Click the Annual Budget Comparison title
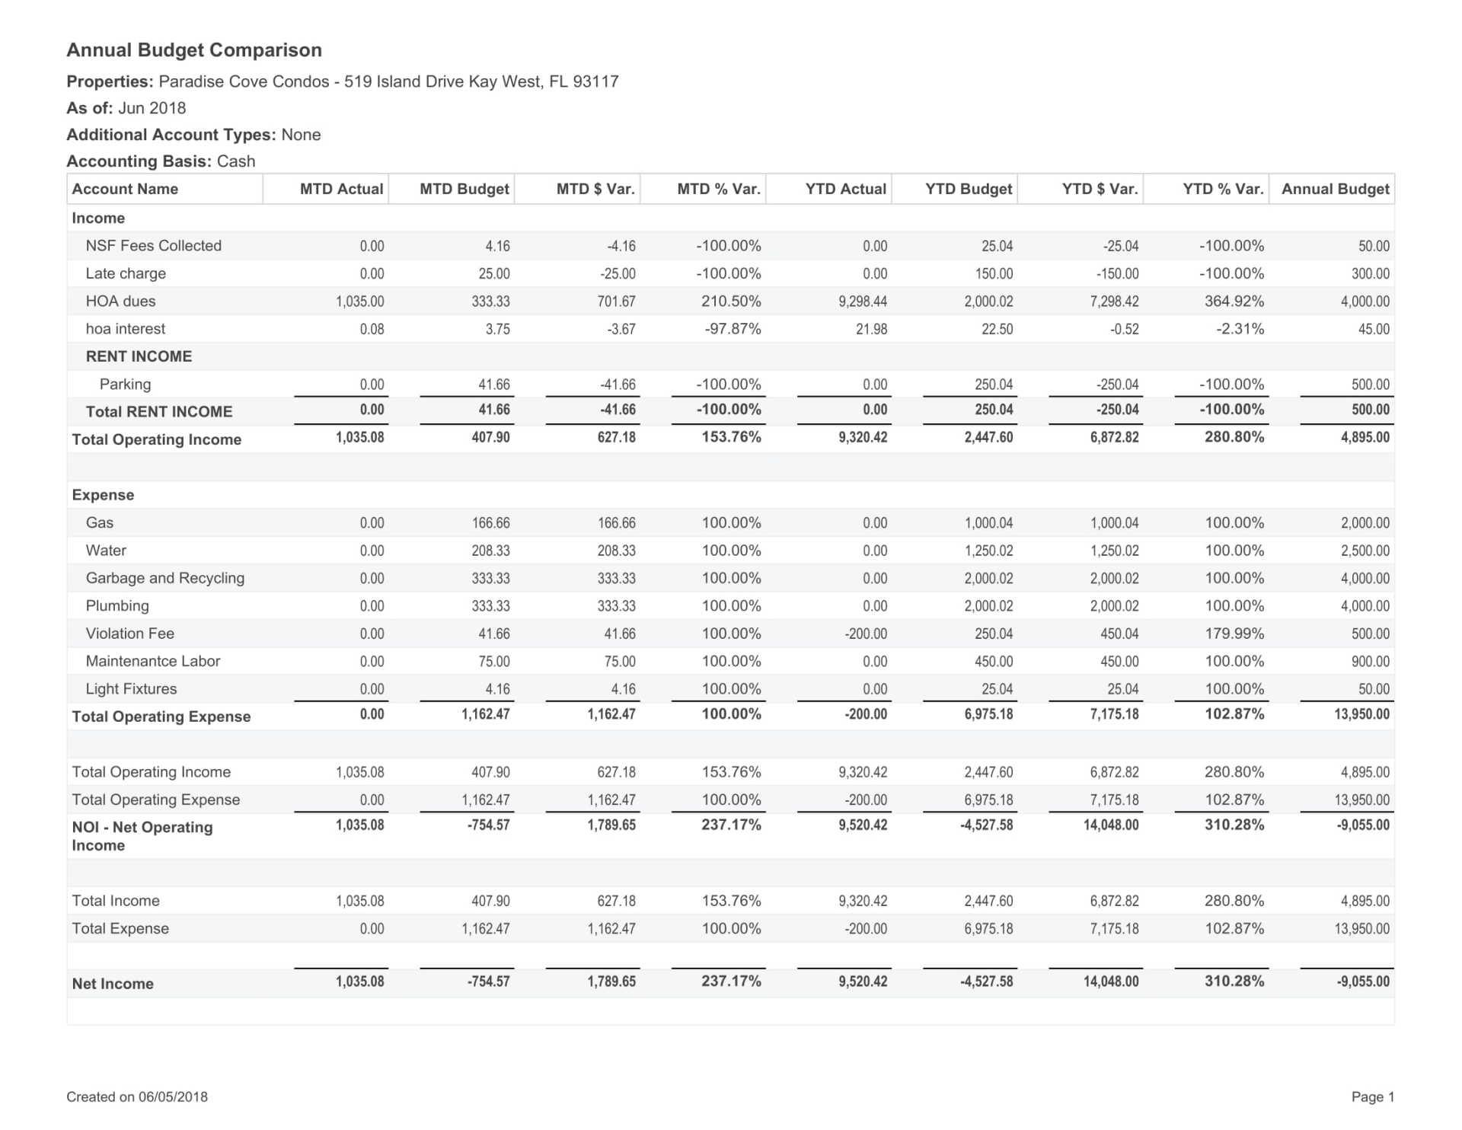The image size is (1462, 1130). click(x=194, y=50)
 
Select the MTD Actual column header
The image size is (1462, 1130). click(x=341, y=189)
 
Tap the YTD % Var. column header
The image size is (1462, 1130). click(x=1223, y=189)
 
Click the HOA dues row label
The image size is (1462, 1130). click(x=120, y=301)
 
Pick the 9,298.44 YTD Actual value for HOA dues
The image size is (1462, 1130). click(x=863, y=302)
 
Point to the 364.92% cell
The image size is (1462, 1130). click(x=1234, y=302)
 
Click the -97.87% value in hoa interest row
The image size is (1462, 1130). click(x=729, y=329)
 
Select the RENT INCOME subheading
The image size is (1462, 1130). click(x=139, y=356)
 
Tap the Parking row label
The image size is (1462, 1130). click(x=125, y=384)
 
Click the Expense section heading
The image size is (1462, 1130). click(x=103, y=495)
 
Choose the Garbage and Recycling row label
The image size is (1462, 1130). click(x=165, y=578)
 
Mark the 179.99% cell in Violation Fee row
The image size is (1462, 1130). click(x=1234, y=634)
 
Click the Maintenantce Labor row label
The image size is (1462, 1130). click(x=153, y=661)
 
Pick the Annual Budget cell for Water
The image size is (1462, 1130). click(x=1365, y=551)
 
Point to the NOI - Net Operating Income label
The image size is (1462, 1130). click(x=142, y=835)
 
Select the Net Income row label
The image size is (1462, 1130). click(x=113, y=983)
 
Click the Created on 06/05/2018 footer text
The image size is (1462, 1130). click(x=137, y=1096)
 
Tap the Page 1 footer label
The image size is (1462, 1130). click(x=1372, y=1096)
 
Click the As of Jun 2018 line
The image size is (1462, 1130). click(x=126, y=108)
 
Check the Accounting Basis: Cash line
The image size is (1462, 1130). click(x=161, y=161)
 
